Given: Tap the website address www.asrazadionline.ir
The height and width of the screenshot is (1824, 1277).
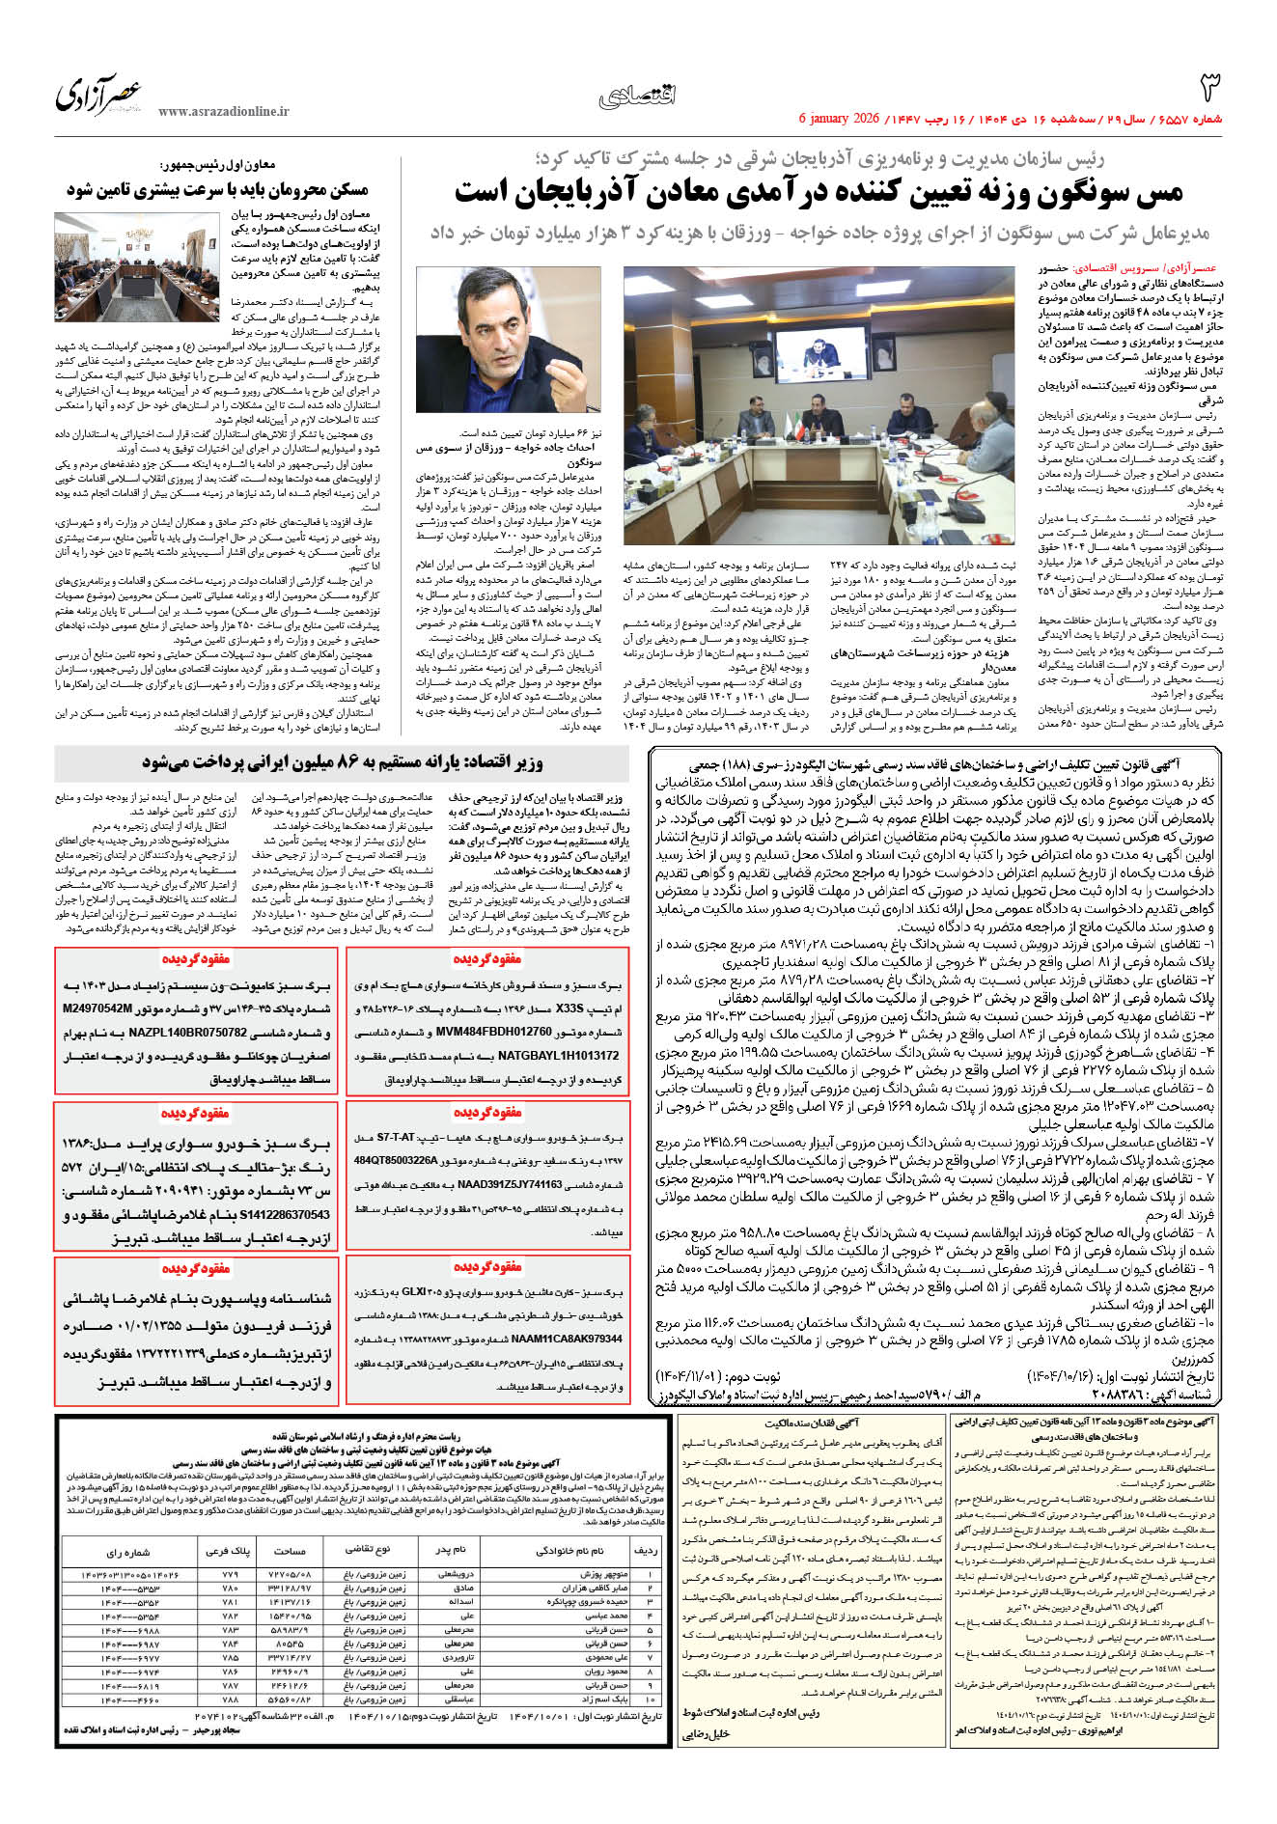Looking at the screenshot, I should click(223, 112).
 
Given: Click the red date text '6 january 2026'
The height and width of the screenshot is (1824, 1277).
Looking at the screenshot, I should click(839, 119).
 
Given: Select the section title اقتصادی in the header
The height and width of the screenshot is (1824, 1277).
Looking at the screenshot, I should click(638, 95).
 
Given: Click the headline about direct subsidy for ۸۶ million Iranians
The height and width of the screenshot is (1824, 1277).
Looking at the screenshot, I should click(343, 762).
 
